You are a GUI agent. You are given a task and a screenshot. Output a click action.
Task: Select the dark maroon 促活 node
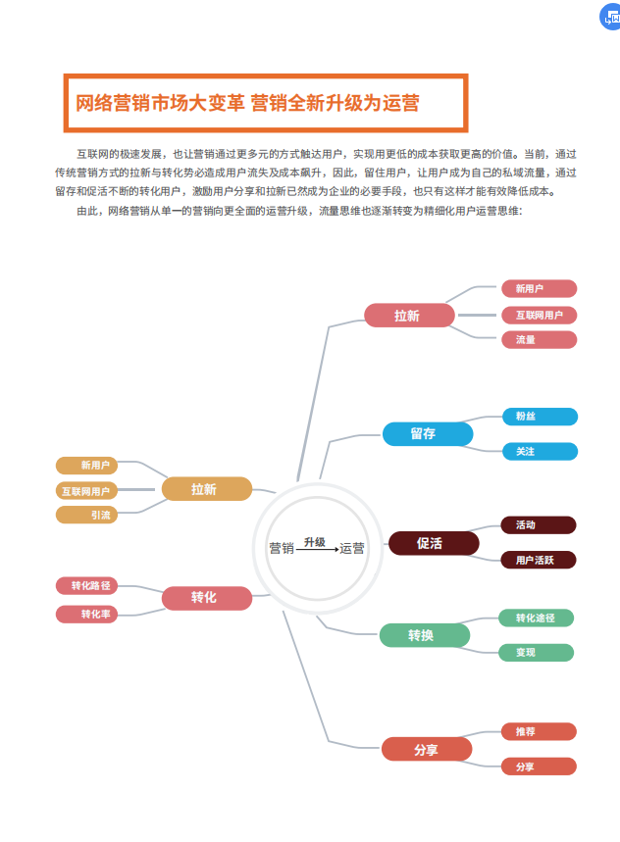click(434, 543)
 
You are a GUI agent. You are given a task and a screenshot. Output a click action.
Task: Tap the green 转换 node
click(425, 635)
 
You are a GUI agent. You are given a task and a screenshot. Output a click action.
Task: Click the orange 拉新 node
click(207, 489)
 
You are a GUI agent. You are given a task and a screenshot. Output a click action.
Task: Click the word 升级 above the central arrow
click(314, 541)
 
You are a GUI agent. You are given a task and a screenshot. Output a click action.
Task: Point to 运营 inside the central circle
click(352, 549)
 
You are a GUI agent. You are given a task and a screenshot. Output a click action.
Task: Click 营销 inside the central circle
click(282, 549)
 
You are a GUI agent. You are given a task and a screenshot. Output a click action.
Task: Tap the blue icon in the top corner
click(609, 15)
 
